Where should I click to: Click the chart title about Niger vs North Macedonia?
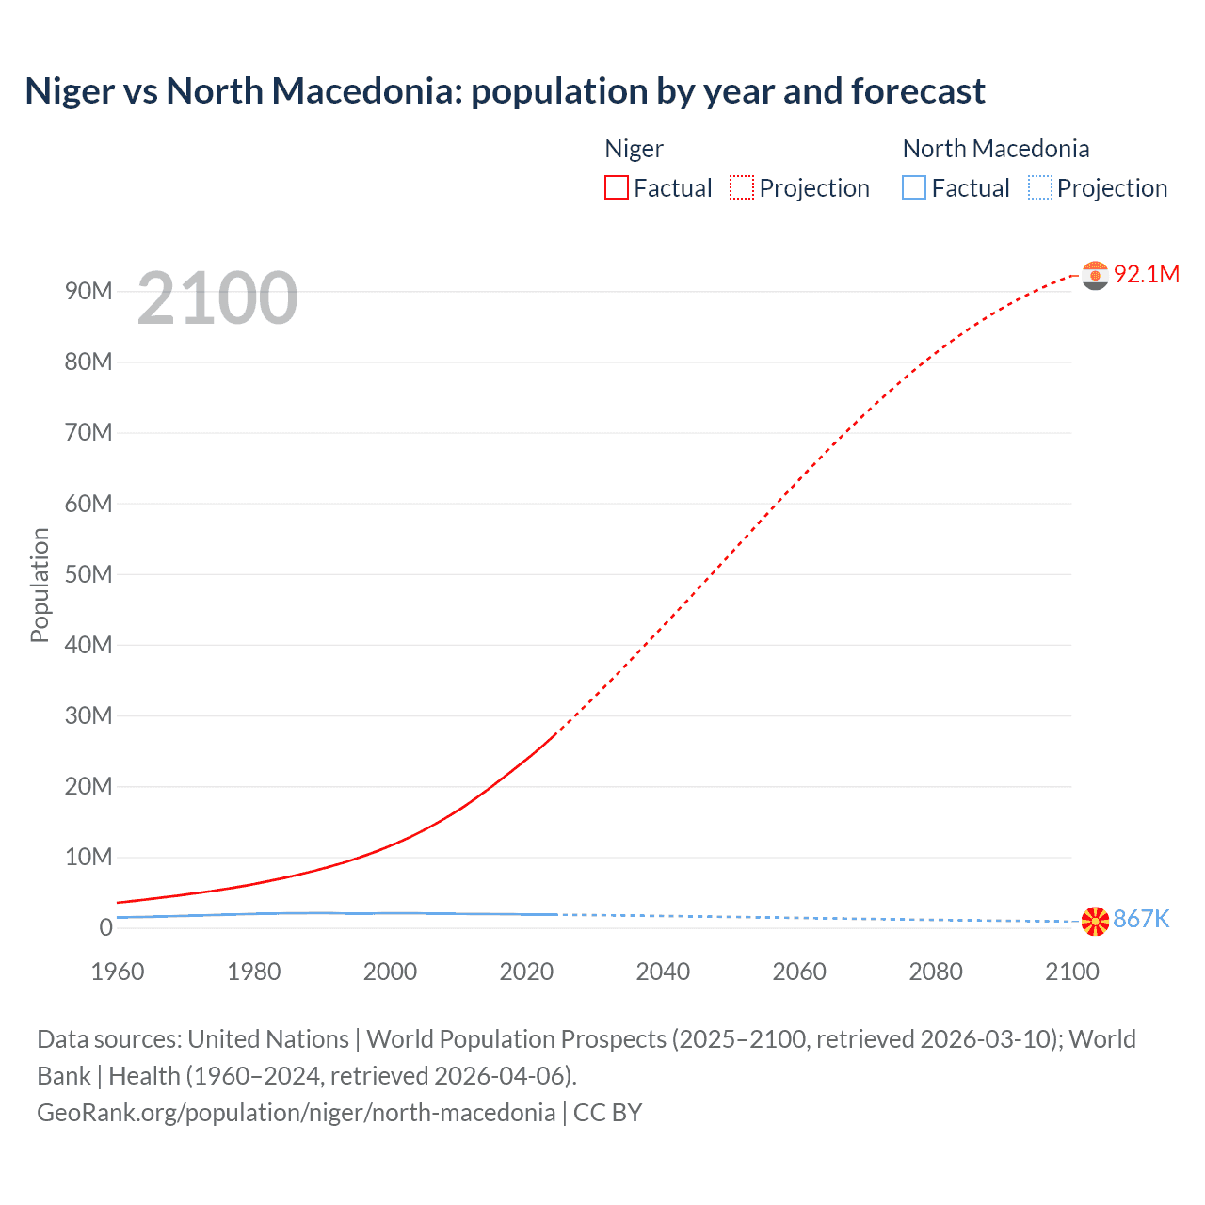[505, 91]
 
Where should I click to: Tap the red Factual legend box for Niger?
[616, 187]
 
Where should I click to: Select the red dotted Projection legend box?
[741, 187]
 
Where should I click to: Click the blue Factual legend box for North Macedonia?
[913, 187]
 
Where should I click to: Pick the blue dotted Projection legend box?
[1039, 187]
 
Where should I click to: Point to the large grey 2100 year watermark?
[217, 298]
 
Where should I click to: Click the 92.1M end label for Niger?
[1146, 274]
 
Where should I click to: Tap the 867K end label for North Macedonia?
[1141, 920]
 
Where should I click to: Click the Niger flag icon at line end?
[1095, 275]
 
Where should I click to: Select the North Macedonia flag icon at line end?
[1095, 922]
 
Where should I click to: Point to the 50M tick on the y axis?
[88, 574]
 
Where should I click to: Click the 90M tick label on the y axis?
[88, 291]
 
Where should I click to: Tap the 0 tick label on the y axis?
[105, 927]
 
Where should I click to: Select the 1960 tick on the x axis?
[118, 972]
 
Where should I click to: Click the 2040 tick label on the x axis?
[663, 972]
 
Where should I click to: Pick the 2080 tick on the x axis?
[936, 972]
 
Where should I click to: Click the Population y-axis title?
[40, 585]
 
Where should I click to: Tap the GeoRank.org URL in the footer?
[296, 1113]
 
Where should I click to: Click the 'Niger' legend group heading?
[634, 149]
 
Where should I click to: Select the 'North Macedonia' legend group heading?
[995, 149]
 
